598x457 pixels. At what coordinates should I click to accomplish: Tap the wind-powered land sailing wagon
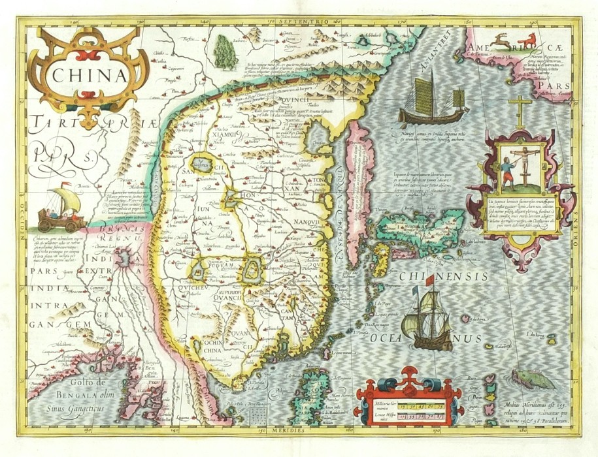(63, 208)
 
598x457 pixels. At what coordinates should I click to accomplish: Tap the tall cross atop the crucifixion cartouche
(520, 111)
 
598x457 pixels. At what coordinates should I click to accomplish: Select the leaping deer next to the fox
(501, 41)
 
